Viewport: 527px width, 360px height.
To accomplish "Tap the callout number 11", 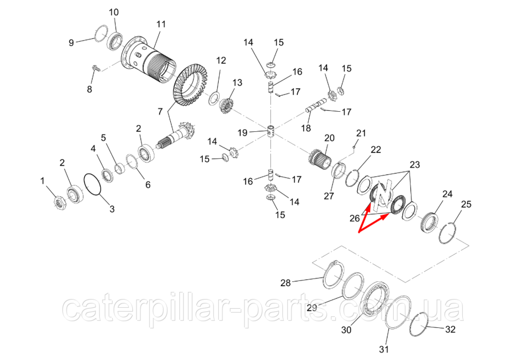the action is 161,24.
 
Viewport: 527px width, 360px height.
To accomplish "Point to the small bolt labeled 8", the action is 95,68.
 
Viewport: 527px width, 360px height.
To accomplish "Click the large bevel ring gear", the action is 190,87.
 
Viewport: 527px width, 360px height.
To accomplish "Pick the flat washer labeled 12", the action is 214,99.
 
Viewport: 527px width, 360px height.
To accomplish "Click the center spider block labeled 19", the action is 272,131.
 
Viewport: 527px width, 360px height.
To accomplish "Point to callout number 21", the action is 361,133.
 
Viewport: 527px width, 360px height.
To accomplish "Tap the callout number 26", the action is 355,219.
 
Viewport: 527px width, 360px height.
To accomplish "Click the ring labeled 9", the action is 101,33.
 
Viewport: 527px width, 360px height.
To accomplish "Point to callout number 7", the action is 160,112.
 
